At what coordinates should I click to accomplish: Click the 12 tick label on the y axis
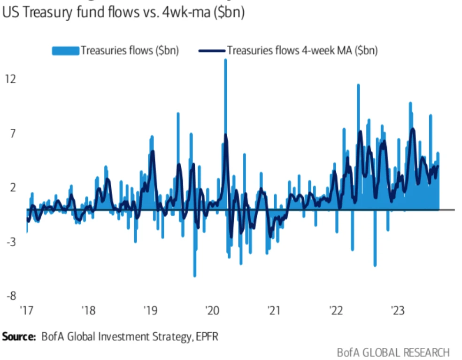[x=10, y=79]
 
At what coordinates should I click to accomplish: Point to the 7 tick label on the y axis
[x=10, y=133]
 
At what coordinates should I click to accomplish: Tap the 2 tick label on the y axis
[x=10, y=188]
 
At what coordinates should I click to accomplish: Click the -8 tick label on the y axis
[x=10, y=297]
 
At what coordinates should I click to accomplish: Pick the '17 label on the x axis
[x=26, y=311]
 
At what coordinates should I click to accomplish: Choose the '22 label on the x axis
[x=336, y=311]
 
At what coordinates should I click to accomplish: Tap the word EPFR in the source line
[x=206, y=337]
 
